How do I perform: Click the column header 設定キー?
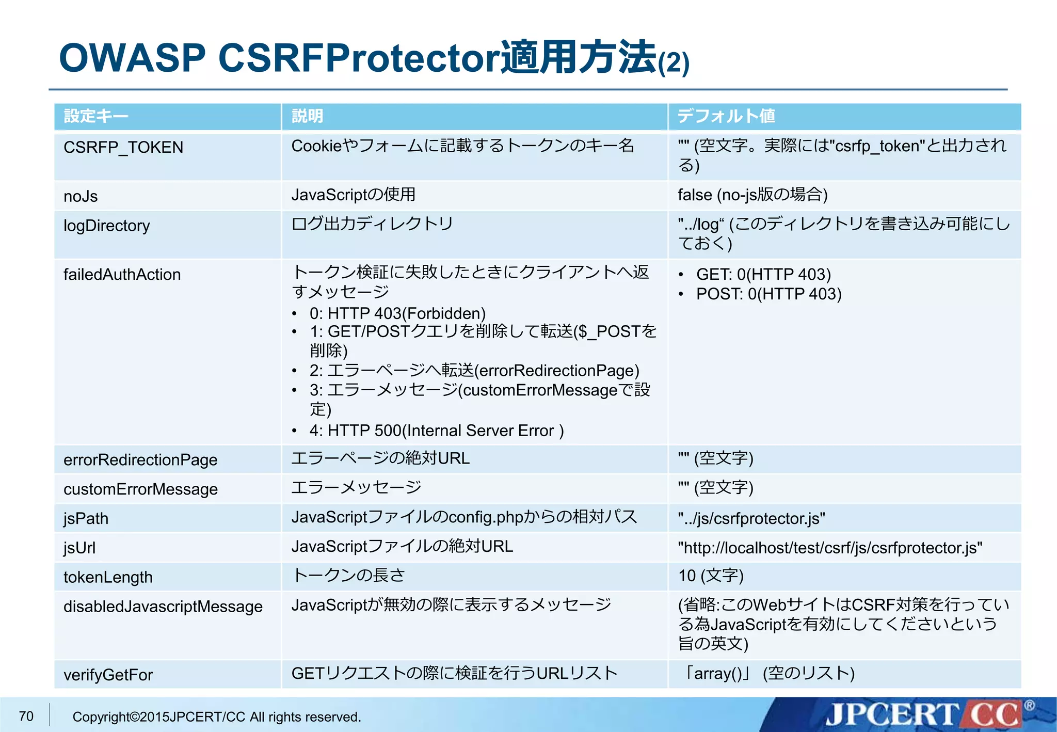coord(95,116)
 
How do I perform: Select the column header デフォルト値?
coord(726,116)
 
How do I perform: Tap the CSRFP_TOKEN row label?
coord(123,148)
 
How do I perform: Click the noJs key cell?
coord(81,197)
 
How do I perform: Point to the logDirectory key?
coord(106,226)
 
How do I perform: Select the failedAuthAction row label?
coord(122,275)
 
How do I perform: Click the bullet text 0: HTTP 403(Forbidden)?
coord(397,313)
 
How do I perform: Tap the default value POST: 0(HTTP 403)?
coord(768,294)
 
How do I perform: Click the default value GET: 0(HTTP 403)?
coord(763,275)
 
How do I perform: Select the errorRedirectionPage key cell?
coord(140,460)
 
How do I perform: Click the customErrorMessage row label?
coord(140,489)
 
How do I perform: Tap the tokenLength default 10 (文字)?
coord(711,576)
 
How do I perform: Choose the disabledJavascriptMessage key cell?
coord(163,607)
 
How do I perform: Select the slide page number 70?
coord(26,717)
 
